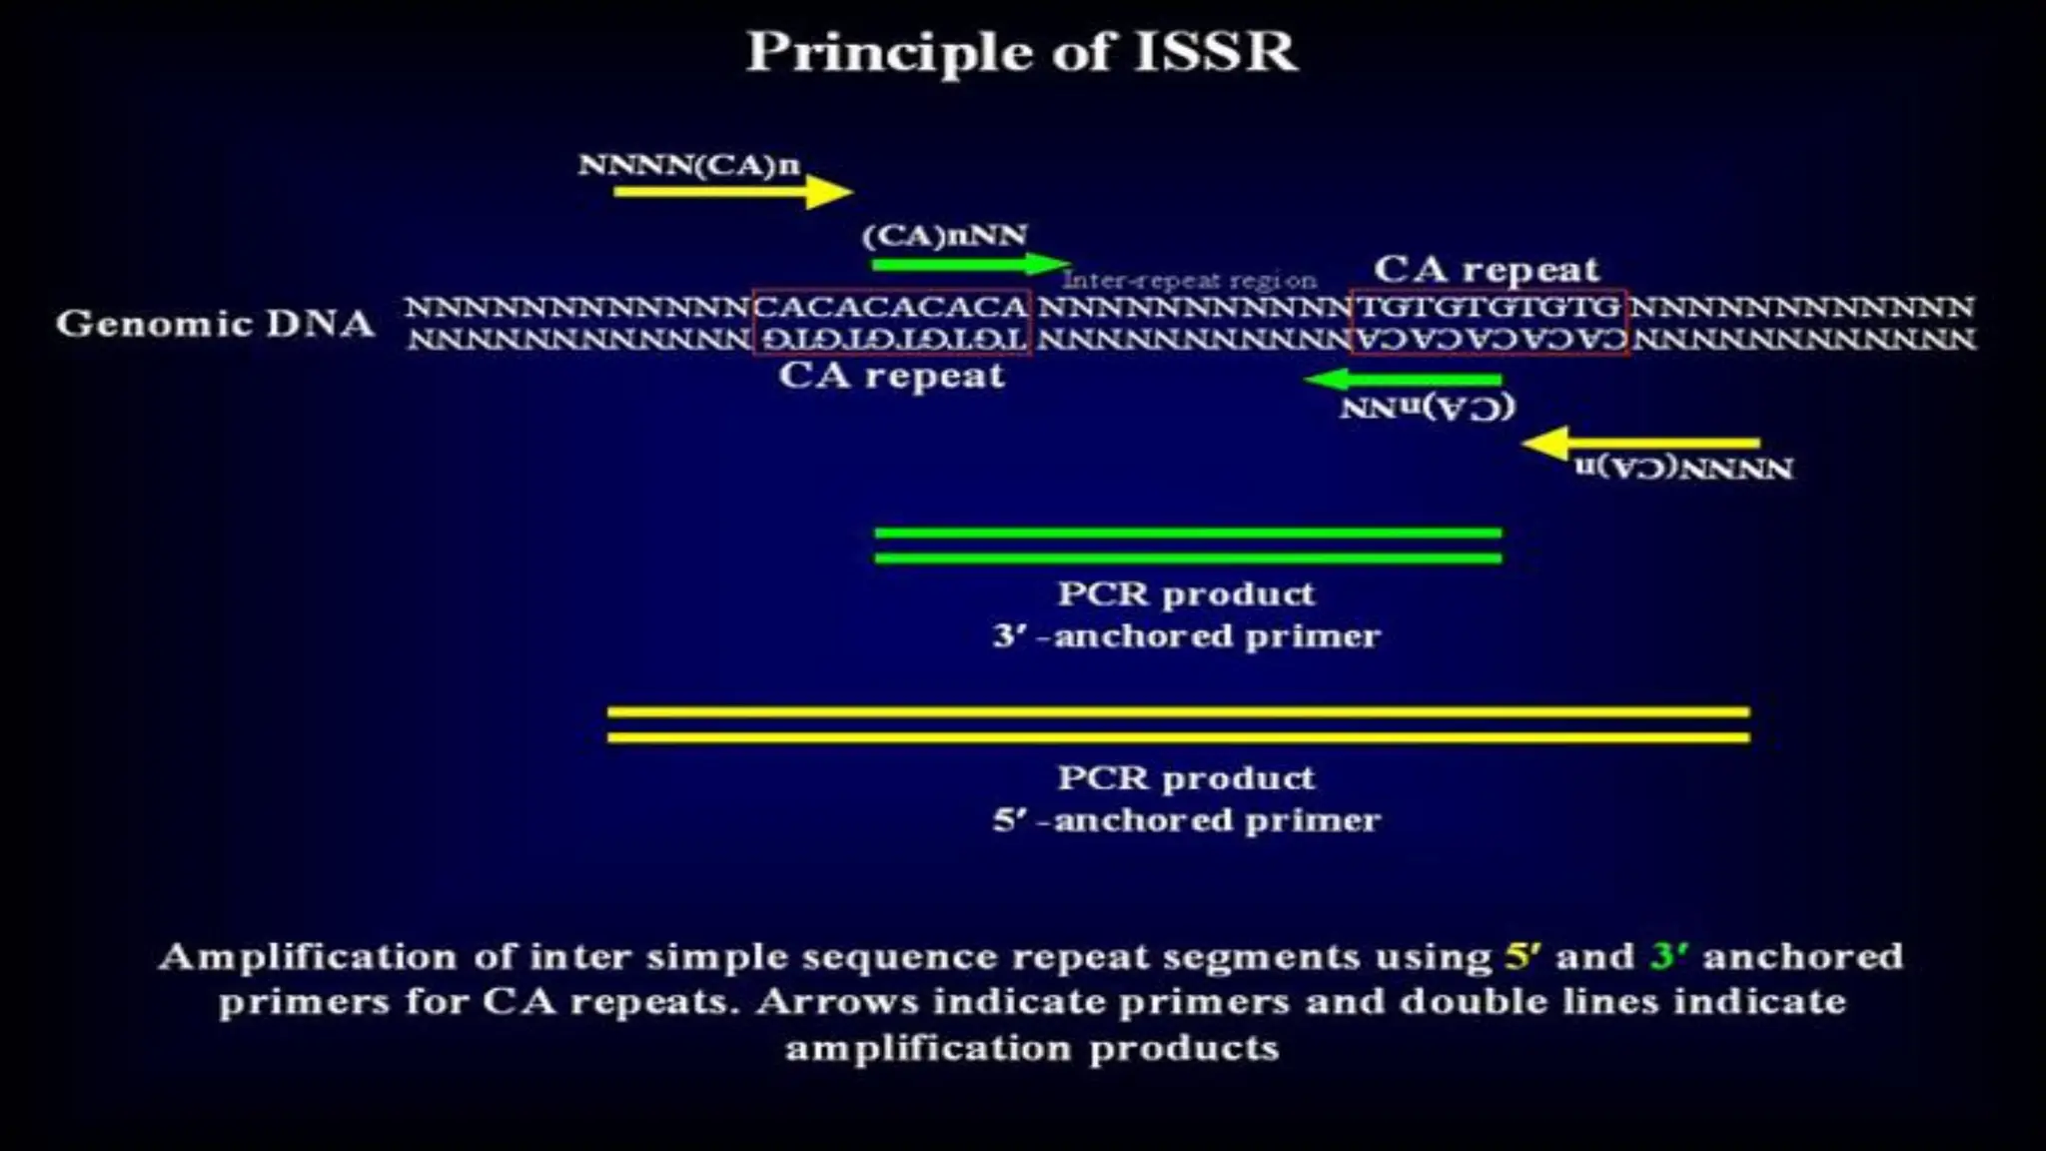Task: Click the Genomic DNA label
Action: click(215, 324)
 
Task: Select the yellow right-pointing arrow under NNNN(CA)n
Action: click(731, 192)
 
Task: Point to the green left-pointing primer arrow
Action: click(1404, 380)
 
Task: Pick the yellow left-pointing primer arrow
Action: click(1640, 443)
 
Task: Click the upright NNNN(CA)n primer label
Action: click(688, 165)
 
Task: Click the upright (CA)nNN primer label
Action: click(944, 236)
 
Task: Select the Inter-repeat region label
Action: click(1189, 281)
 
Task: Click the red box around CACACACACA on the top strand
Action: click(891, 307)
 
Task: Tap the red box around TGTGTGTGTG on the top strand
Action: click(1489, 307)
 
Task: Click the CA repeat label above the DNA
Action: click(1486, 269)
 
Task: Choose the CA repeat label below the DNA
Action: click(891, 376)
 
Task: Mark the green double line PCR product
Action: click(1187, 546)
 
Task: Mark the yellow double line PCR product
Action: click(1178, 725)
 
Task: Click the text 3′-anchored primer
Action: click(1186, 636)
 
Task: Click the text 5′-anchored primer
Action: click(1186, 820)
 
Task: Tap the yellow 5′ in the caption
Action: click(1523, 956)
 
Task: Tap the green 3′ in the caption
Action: click(1668, 956)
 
